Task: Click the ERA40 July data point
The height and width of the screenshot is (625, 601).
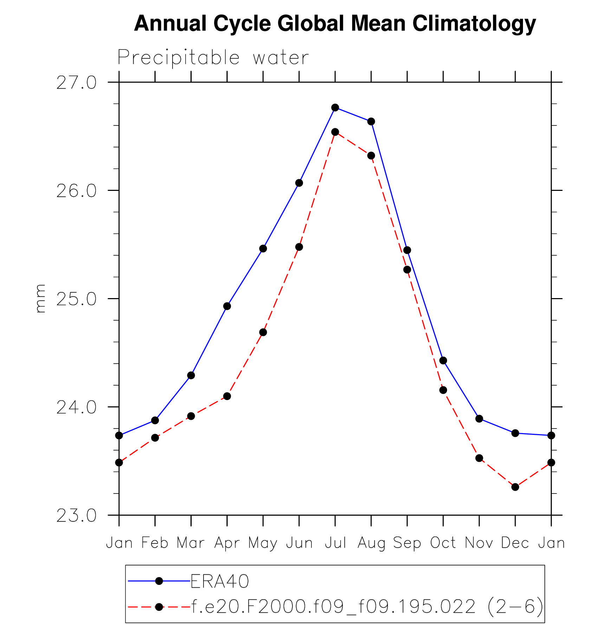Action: tap(335, 108)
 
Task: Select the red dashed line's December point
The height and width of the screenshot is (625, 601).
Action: tap(515, 487)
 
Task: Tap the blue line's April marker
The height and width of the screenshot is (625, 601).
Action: tap(227, 306)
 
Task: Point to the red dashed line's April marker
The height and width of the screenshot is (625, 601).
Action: tap(227, 396)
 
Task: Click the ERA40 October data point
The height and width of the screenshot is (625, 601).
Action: tap(443, 360)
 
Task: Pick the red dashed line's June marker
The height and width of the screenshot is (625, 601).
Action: tap(299, 247)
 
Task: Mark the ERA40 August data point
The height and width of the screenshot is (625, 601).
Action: tap(371, 122)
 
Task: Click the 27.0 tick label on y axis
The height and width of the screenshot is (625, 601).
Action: tap(76, 83)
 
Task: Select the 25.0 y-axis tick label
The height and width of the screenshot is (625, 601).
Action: tap(76, 299)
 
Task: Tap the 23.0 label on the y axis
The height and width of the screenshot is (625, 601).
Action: tap(76, 516)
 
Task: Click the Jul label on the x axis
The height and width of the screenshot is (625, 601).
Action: tap(335, 543)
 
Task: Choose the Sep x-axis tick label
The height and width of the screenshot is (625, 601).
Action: tap(407, 543)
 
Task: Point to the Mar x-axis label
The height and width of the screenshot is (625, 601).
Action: tap(190, 543)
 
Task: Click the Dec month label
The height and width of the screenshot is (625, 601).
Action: tap(515, 543)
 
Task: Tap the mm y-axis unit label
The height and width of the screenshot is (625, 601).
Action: tap(40, 298)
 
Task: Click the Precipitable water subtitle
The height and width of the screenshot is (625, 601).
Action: tap(213, 57)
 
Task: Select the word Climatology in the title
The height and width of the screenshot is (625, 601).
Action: tap(474, 24)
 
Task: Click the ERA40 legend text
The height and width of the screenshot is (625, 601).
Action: tap(220, 581)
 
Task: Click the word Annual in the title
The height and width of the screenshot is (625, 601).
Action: tap(170, 24)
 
